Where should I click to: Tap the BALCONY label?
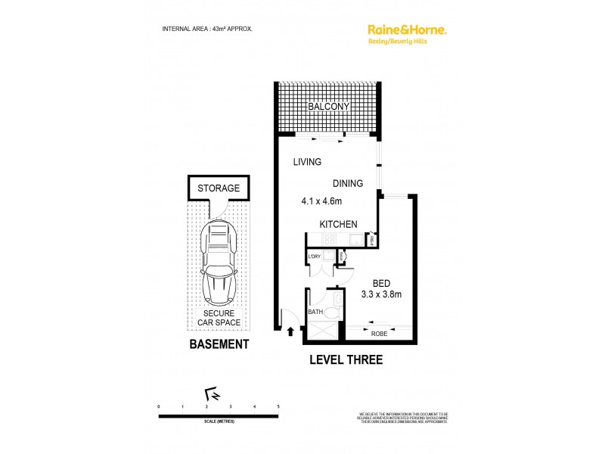point(329,107)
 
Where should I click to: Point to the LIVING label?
point(307,162)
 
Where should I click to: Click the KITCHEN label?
point(338,225)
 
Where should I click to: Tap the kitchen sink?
point(354,240)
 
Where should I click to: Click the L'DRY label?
point(315,257)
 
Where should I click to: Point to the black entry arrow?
point(292,330)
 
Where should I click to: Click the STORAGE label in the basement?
point(219,188)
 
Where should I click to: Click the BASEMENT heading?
point(219,344)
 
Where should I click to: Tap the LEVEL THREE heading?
point(346,359)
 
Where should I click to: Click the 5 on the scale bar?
point(279,407)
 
